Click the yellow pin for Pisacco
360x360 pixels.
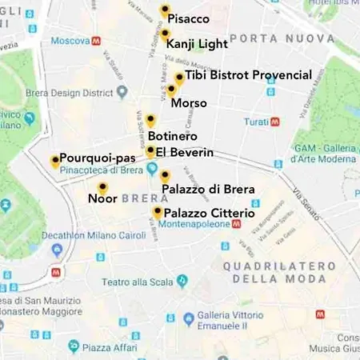pos(165,10)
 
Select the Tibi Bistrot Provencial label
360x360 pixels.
pos(248,75)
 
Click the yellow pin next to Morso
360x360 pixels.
pos(171,90)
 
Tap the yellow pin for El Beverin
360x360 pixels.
pos(150,151)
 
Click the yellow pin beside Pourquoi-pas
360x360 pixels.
pos(55,161)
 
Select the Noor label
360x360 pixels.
pos(97,198)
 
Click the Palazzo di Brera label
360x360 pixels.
pos(208,190)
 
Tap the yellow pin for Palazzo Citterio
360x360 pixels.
pos(158,212)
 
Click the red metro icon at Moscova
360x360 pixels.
pos(96,40)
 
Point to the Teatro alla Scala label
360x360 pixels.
pos(138,282)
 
